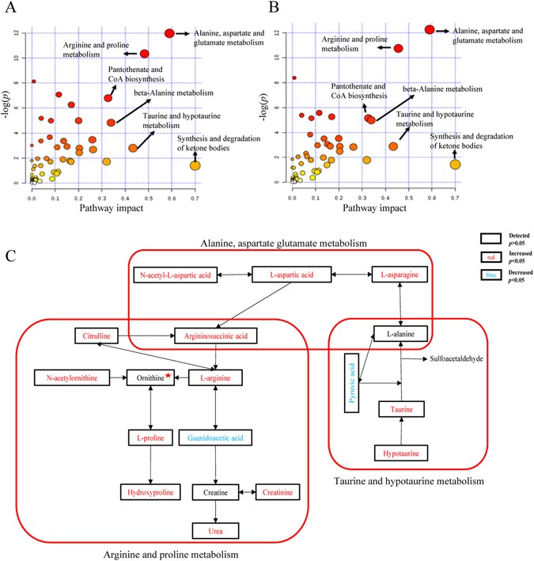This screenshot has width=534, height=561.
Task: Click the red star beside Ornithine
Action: point(169,377)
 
